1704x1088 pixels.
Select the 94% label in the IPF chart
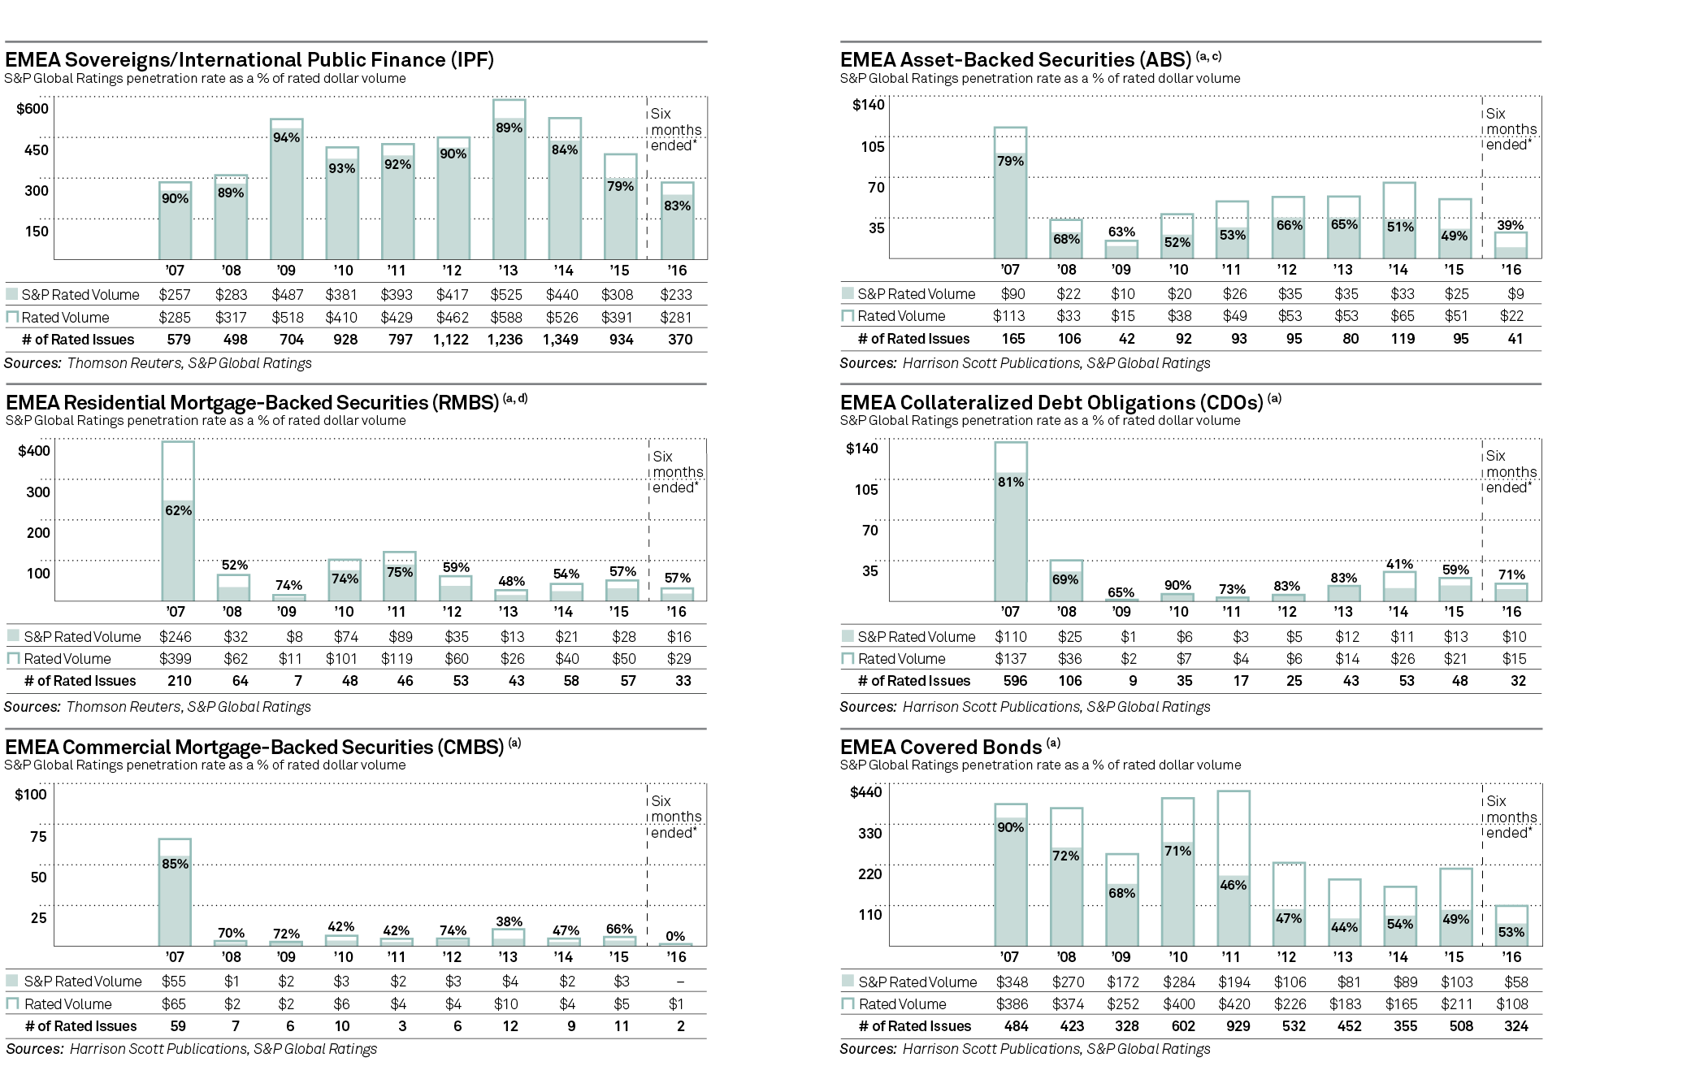pyautogui.click(x=286, y=137)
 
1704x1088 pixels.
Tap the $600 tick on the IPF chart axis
pyautogui.click(x=33, y=109)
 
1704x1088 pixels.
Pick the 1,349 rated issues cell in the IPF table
pyautogui.click(x=561, y=340)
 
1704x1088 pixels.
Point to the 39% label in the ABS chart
pyautogui.click(x=1511, y=225)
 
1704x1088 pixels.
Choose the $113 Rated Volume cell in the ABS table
pyautogui.click(x=1009, y=316)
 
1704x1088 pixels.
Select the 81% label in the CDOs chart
pyautogui.click(x=1011, y=482)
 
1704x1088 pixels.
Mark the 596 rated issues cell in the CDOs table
pyautogui.click(x=1015, y=681)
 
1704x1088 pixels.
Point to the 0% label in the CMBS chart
pyautogui.click(x=675, y=936)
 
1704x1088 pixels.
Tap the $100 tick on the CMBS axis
pyautogui.click(x=31, y=795)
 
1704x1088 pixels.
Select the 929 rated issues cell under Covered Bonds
pyautogui.click(x=1238, y=1026)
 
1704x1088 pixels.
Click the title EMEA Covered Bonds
pyautogui.click(x=941, y=748)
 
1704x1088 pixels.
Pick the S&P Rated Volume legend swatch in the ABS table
pyautogui.click(x=848, y=293)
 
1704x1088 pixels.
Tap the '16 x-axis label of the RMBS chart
pyautogui.click(x=676, y=612)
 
